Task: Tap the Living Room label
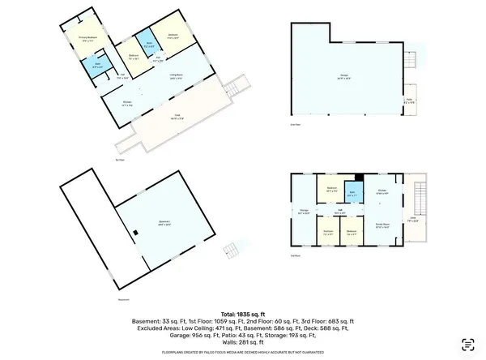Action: point(175,75)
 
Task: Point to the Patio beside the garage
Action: point(409,102)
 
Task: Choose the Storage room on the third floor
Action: point(305,212)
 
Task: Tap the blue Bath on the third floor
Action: point(352,195)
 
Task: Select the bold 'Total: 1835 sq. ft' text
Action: point(243,312)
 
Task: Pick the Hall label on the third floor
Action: point(341,212)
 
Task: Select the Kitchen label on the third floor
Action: point(382,192)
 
